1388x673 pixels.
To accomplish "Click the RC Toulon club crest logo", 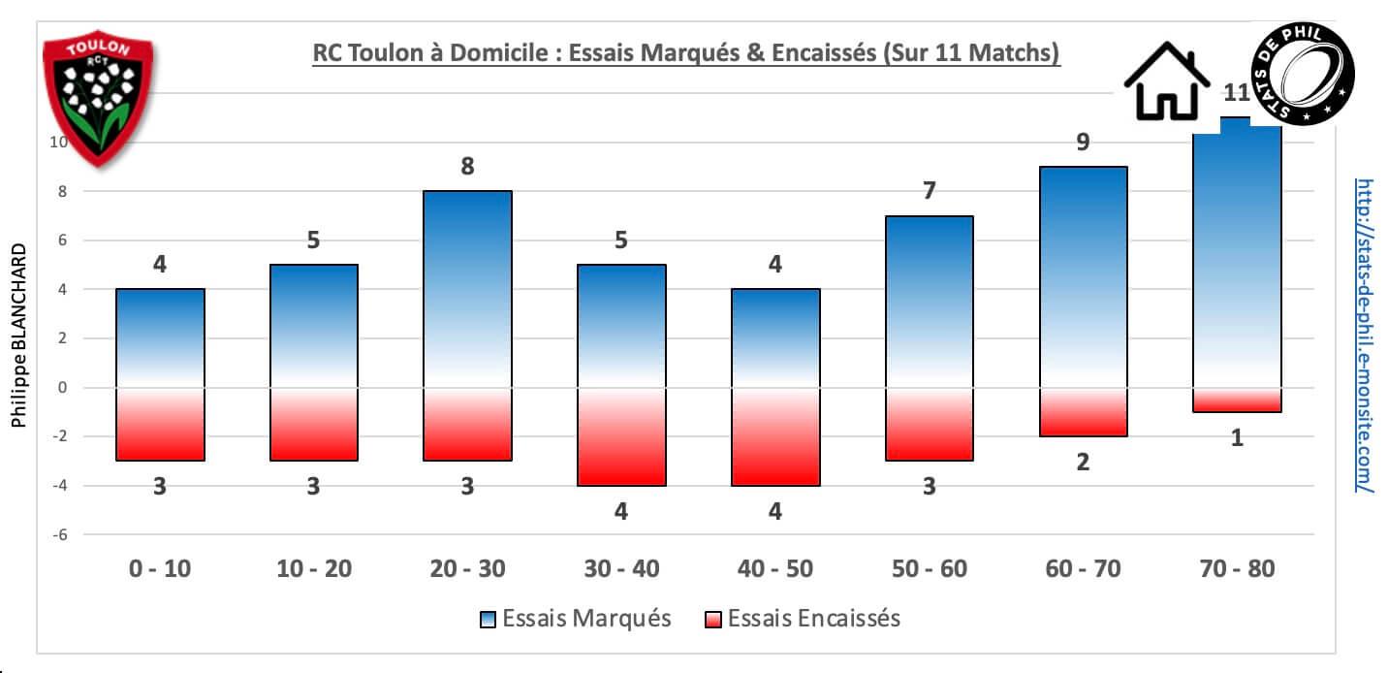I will (x=99, y=97).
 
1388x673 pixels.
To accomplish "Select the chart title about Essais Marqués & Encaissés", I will (x=686, y=54).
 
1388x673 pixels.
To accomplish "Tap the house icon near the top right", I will (x=1169, y=82).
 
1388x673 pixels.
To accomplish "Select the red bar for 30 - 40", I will (x=620, y=436).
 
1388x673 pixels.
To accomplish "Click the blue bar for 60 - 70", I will (x=1083, y=277).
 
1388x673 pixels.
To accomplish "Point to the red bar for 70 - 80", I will (x=1237, y=401).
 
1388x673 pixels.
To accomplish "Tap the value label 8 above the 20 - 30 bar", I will (x=467, y=167).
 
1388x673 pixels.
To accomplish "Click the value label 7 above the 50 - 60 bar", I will (x=929, y=191).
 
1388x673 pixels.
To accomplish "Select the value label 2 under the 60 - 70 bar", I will (x=1083, y=463).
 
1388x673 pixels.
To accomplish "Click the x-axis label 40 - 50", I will (x=774, y=569).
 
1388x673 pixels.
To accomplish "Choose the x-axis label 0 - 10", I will (x=160, y=569).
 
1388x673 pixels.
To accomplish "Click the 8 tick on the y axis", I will (x=60, y=192).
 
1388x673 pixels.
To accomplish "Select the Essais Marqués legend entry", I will (x=576, y=619).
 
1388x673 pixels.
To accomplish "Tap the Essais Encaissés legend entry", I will (x=802, y=619).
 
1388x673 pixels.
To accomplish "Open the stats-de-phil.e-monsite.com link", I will (x=1365, y=335).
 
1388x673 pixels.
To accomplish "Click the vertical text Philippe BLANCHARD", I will (x=18, y=335).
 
